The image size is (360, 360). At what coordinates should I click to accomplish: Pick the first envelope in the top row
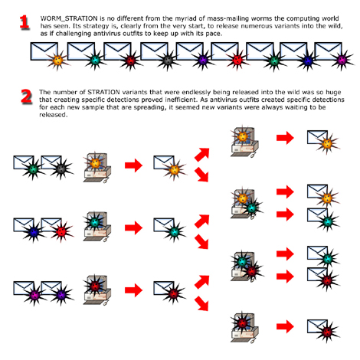click(46, 54)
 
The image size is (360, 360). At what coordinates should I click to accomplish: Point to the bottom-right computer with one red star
click(244, 327)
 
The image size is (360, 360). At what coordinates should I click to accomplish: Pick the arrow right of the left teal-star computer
click(132, 227)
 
